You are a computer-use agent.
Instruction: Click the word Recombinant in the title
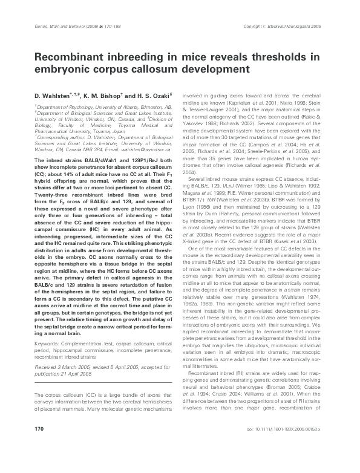[67, 57]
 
